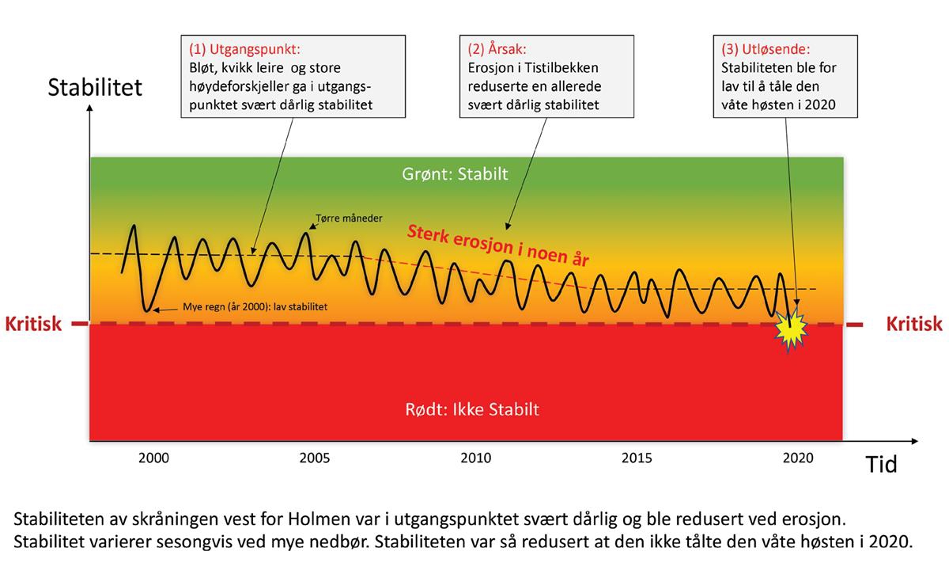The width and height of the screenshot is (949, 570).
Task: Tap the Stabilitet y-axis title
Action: coord(96,86)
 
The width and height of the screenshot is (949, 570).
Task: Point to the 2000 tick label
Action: coord(153,458)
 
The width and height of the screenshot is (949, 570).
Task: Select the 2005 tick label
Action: coord(314,458)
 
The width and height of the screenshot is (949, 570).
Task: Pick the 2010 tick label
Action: coord(475,458)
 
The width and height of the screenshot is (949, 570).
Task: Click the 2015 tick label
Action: coord(637,458)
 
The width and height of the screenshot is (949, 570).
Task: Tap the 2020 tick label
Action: coord(797,458)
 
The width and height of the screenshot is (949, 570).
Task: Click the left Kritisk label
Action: coord(32,324)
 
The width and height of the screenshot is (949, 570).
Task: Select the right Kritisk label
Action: coord(913,324)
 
